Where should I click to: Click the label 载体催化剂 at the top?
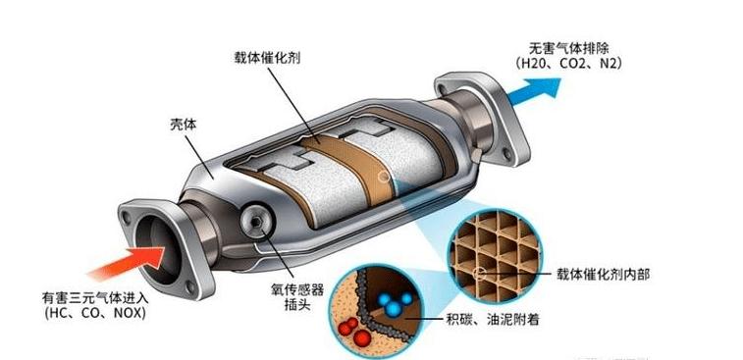click(x=267, y=57)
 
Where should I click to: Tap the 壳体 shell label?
click(x=185, y=125)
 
